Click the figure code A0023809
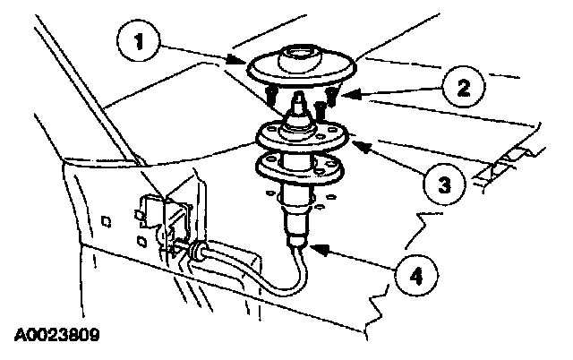(x=55, y=339)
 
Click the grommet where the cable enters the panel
(x=194, y=252)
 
